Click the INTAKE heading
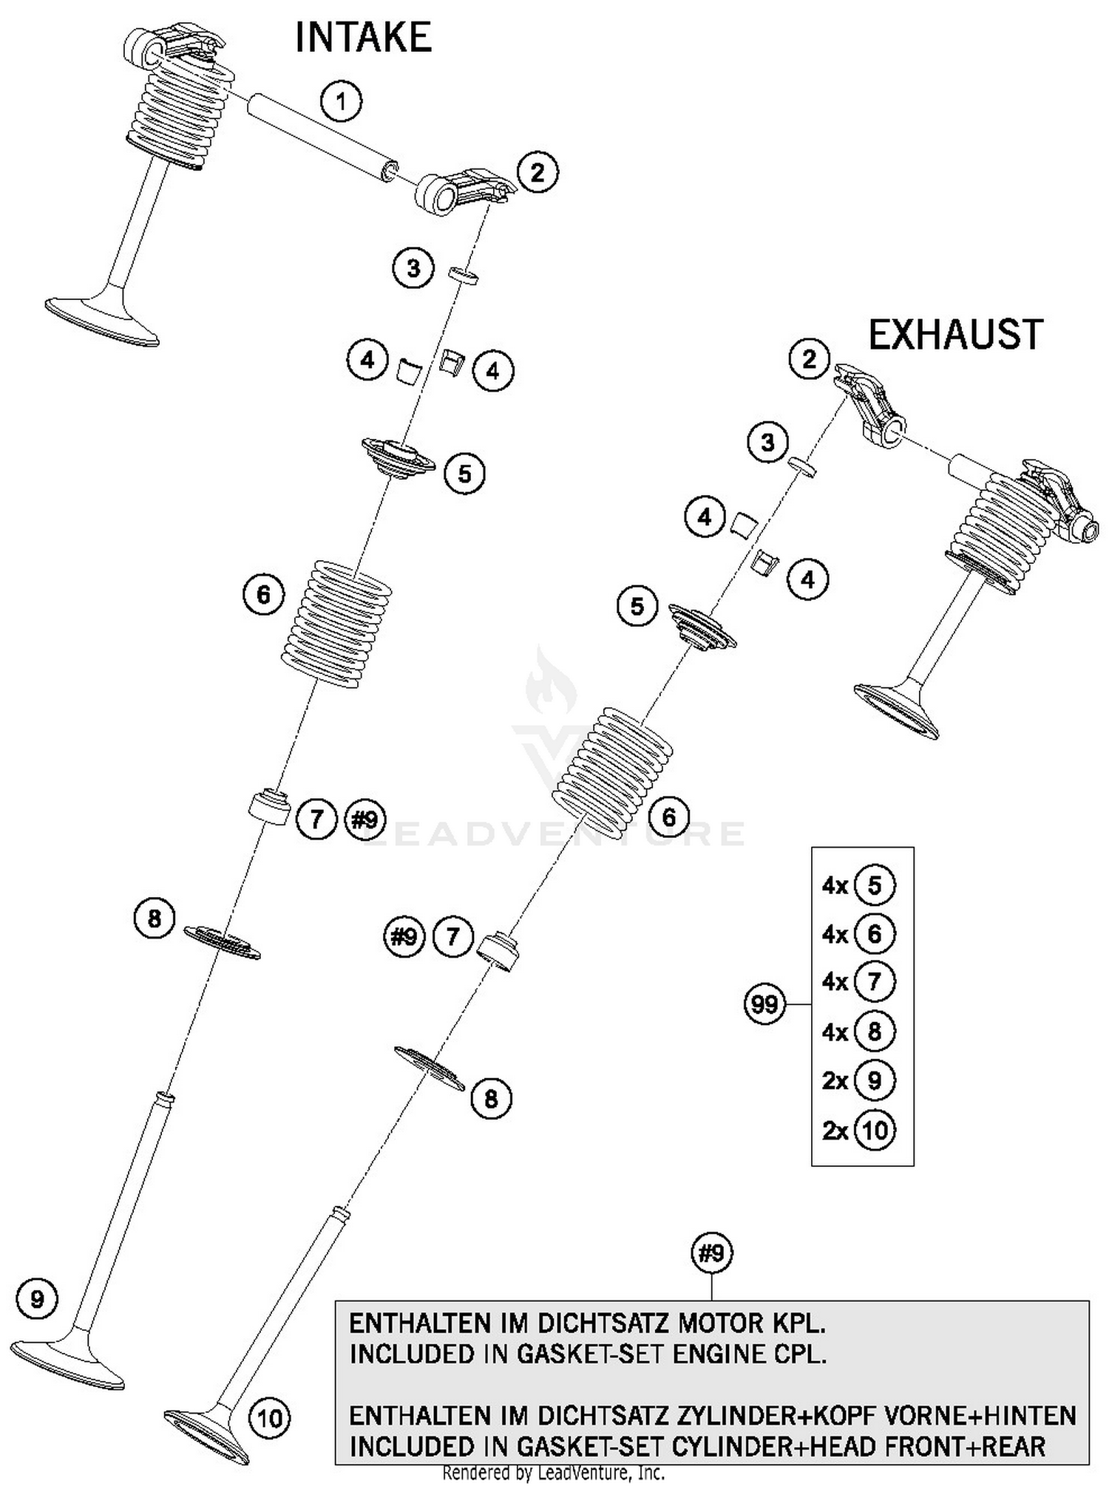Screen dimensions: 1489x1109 363,38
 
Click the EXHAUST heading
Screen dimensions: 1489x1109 955,335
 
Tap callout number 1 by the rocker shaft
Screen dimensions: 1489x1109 341,101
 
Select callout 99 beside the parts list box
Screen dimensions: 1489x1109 764,1004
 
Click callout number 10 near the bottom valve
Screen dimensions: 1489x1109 270,1418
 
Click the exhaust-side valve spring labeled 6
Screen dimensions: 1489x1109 614,769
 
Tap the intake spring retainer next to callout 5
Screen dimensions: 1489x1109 398,458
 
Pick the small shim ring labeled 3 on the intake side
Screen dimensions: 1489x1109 464,276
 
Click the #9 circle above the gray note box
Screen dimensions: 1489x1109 712,1253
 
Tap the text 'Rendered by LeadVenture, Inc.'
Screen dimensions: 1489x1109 553,1473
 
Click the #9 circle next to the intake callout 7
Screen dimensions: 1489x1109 364,819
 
